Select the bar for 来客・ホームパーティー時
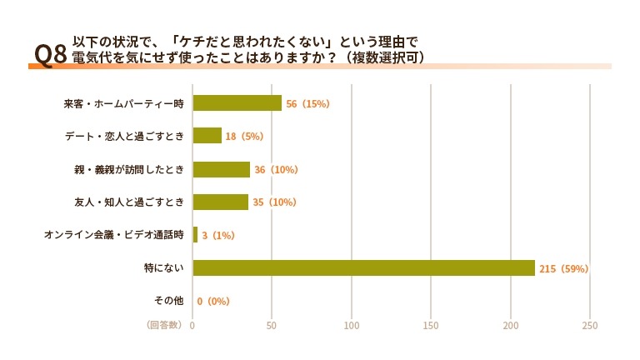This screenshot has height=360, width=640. tap(237, 103)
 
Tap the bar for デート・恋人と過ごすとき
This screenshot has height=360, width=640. tap(207, 136)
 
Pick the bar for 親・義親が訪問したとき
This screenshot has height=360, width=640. tap(222, 169)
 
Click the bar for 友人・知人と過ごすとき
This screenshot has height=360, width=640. tap(221, 202)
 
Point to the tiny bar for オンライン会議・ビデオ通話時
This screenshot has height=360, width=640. tap(195, 235)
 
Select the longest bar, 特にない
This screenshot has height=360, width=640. tap(363, 267)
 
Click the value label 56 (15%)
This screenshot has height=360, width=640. tap(308, 104)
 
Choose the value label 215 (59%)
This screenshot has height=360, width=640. tap(564, 268)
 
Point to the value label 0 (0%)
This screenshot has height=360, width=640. tap(213, 301)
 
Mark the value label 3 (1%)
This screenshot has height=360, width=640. tap(218, 236)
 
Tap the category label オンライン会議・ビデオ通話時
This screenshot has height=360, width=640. tap(113, 236)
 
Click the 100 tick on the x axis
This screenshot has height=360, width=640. tap(352, 325)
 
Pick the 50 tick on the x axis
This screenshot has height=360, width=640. tap(272, 325)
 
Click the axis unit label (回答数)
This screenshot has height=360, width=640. tap(164, 325)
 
